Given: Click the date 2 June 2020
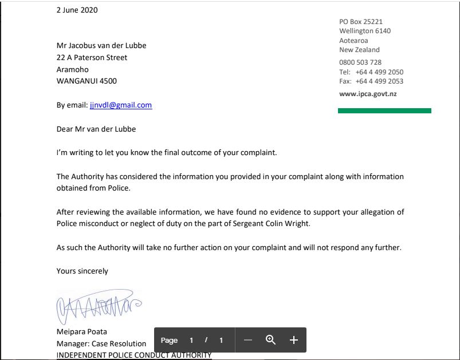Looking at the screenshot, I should tap(77, 10).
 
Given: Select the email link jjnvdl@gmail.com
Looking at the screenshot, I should tap(120, 105).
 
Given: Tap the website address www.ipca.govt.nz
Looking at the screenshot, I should tap(368, 94).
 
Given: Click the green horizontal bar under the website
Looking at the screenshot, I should tap(384, 110).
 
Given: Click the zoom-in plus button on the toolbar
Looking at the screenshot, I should tap(294, 340).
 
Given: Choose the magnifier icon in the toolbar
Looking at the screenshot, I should tap(271, 340).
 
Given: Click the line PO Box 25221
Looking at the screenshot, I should tap(361, 22).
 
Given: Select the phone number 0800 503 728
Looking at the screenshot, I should tap(360, 62).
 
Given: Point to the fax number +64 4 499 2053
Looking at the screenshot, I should tap(379, 81).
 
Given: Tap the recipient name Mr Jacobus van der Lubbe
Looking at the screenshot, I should tap(105, 46).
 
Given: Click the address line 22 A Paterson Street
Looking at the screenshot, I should tap(92, 58).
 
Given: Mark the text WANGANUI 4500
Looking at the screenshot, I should tap(87, 81).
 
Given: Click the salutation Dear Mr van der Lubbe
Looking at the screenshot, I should tap(96, 129).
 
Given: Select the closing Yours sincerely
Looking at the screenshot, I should tap(82, 271).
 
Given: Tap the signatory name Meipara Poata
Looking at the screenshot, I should tap(81, 332).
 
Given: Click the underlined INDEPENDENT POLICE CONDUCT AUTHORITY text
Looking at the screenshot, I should tap(134, 355).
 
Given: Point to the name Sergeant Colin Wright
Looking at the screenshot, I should tap(270, 224).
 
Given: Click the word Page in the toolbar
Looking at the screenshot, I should tap(169, 340).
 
